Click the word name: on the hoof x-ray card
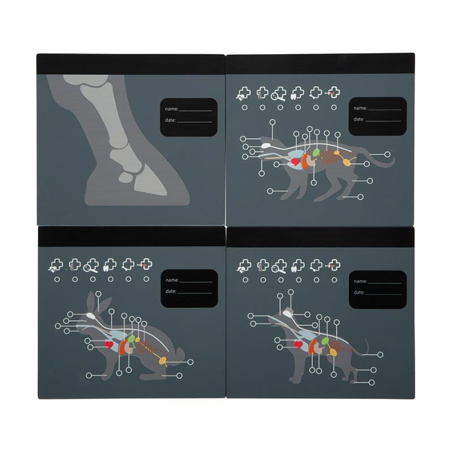click(172, 109)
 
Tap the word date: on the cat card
click(359, 119)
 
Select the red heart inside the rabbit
click(108, 344)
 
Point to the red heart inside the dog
click(298, 344)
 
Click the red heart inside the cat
click(295, 162)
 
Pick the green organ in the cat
click(316, 152)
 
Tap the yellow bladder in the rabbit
click(162, 360)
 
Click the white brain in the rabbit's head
click(92, 316)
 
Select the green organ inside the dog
click(326, 341)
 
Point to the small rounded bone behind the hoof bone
click(125, 177)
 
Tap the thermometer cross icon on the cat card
click(262, 93)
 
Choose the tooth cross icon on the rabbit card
click(110, 265)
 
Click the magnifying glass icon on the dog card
click(279, 266)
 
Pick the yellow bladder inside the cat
click(346, 162)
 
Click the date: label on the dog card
click(359, 292)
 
